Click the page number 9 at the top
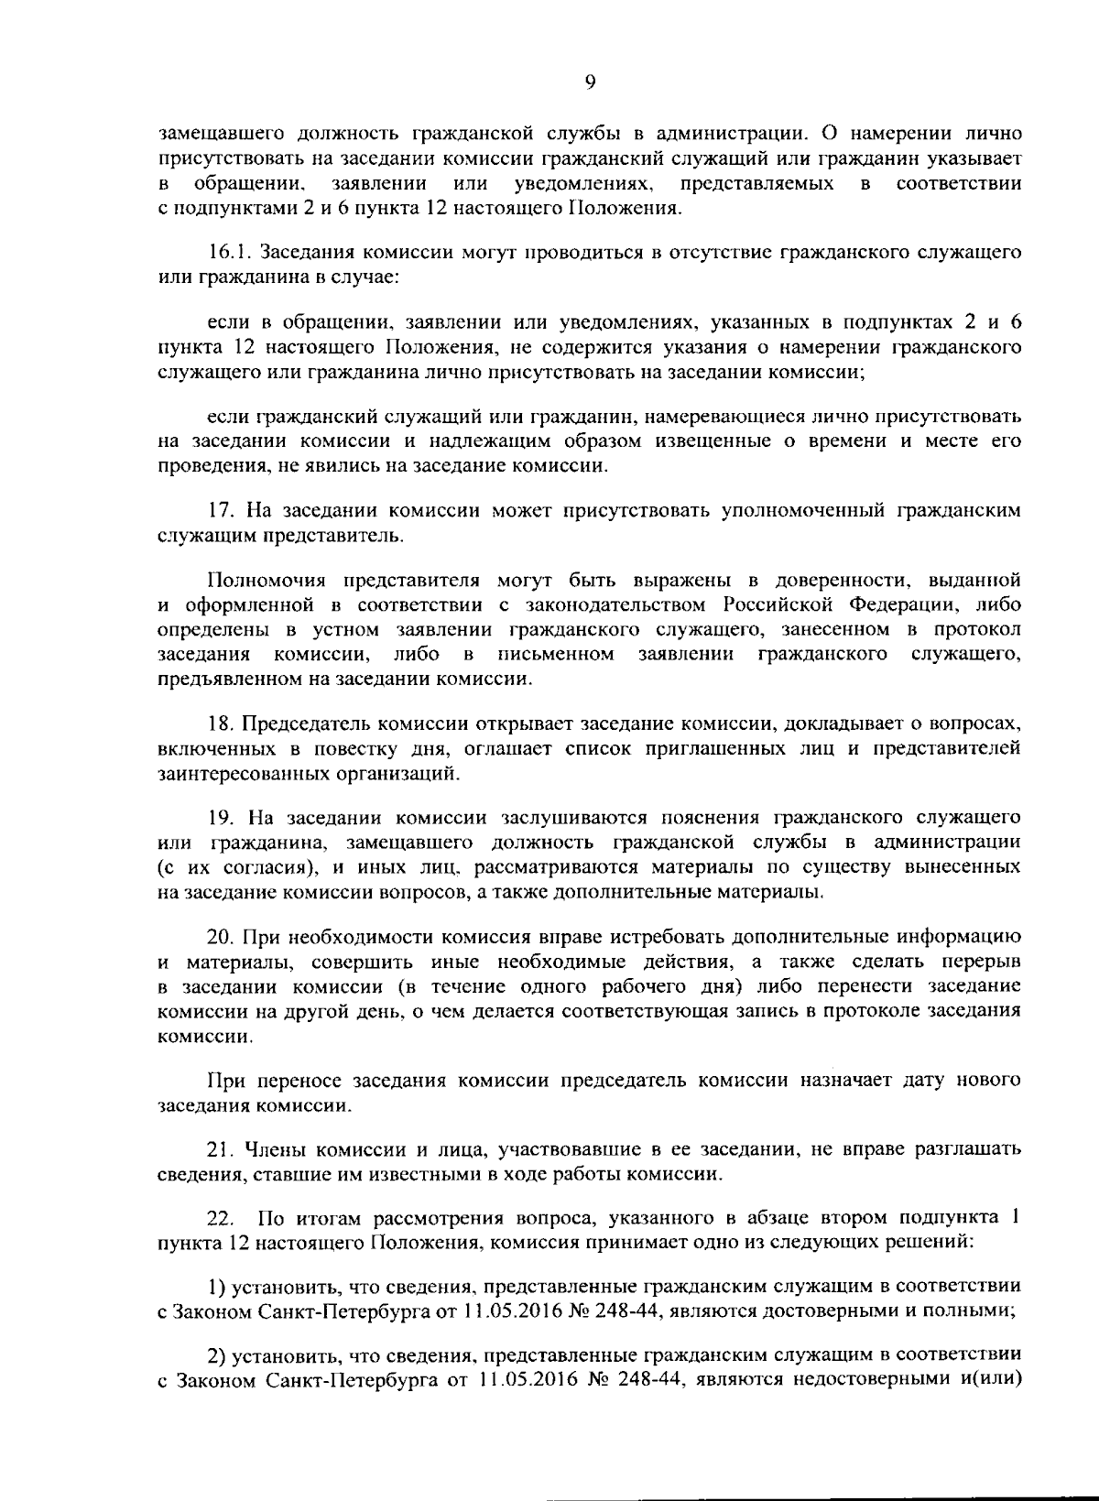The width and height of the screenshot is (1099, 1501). [x=590, y=82]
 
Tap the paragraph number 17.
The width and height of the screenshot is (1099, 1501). [x=220, y=511]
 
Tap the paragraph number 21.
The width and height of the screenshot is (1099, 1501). [x=220, y=1148]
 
